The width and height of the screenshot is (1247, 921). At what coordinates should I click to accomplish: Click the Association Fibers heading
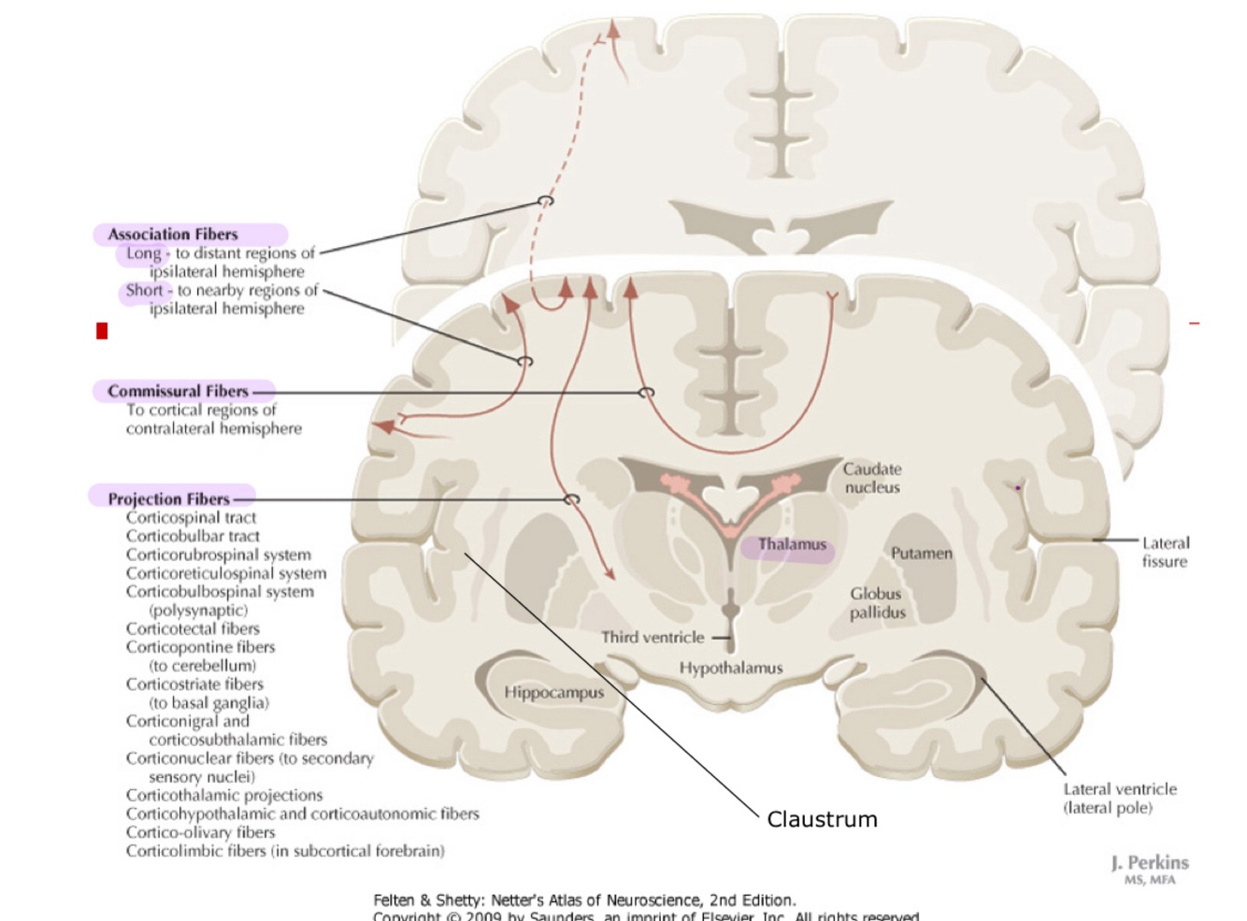(x=173, y=235)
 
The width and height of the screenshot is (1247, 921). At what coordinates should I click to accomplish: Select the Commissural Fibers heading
(x=178, y=391)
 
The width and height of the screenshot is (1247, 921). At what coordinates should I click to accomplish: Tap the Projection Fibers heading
(x=168, y=499)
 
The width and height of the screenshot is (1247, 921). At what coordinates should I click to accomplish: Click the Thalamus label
(x=792, y=544)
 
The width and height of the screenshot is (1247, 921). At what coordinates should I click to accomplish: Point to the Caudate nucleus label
(x=872, y=478)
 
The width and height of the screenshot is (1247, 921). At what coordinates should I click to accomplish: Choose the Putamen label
(x=921, y=554)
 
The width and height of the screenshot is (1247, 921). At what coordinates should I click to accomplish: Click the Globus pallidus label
(x=877, y=603)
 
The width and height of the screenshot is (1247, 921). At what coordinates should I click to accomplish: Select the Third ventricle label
(x=652, y=638)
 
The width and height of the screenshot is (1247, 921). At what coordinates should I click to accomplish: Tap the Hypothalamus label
(x=730, y=668)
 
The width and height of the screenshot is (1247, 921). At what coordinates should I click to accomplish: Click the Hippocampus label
(x=553, y=692)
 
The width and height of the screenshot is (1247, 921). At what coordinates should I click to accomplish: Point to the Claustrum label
(x=822, y=819)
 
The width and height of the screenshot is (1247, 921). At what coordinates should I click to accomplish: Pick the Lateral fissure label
(x=1165, y=552)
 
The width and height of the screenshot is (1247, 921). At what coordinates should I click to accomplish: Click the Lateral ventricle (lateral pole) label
(x=1119, y=799)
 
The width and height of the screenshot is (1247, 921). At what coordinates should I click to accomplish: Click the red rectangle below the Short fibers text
(x=102, y=331)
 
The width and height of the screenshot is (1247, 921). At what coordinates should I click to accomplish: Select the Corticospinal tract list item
(x=191, y=518)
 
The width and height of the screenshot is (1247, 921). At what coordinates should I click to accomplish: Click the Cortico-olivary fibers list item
(x=200, y=832)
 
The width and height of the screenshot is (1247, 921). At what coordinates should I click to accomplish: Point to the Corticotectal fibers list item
(x=193, y=628)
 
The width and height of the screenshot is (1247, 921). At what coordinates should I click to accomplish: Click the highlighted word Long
(x=144, y=253)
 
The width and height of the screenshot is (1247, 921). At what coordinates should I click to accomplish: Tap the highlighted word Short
(x=144, y=291)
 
